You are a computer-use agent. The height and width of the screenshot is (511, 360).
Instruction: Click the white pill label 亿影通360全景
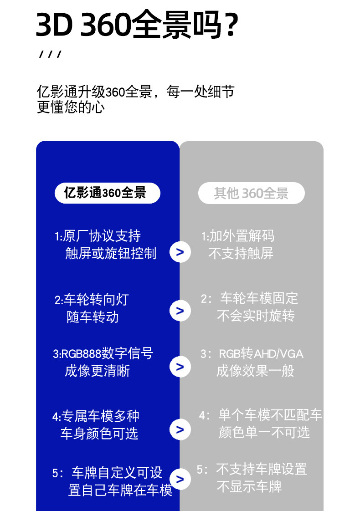coord(107,193)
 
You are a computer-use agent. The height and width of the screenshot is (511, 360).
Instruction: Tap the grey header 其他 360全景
coord(251,193)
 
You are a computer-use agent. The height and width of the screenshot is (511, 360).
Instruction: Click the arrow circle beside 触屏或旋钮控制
coord(180,252)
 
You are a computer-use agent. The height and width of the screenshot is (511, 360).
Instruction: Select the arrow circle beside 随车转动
coord(180,311)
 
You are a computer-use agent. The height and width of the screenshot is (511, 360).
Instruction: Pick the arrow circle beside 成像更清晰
coord(180,367)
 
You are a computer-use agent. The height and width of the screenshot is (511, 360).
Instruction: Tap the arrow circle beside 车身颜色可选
coord(180,429)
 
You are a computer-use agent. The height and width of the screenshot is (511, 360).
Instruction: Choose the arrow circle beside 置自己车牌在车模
coord(180,479)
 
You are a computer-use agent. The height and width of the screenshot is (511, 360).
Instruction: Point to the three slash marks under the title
coord(50,55)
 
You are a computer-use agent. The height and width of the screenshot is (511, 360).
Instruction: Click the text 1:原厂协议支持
coord(98,236)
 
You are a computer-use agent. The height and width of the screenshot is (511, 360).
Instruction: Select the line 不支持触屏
coord(241,253)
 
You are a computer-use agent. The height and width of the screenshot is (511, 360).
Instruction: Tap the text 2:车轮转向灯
coord(92,300)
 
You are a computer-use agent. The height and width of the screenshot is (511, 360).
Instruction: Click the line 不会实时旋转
coord(256,316)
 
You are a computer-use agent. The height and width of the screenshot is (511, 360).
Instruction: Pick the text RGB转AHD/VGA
coord(261,354)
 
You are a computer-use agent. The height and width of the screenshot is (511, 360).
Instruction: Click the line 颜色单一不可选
coord(264,432)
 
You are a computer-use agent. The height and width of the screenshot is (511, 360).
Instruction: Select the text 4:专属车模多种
coord(96,416)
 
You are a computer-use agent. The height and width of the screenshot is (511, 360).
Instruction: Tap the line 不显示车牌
coord(249,486)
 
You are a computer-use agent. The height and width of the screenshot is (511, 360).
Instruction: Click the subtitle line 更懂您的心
coord(71,107)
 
